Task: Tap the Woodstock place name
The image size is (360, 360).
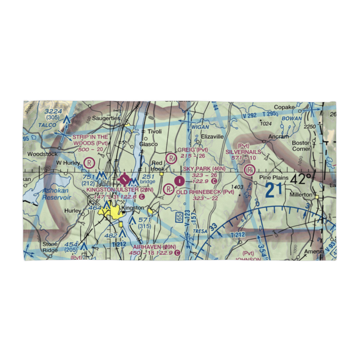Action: click(x=42, y=154)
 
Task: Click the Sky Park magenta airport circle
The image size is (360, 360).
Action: click(x=179, y=180)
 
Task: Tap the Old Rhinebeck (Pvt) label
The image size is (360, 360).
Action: click(x=205, y=192)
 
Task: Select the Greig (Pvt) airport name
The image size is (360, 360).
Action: click(x=192, y=150)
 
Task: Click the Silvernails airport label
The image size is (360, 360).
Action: click(x=243, y=152)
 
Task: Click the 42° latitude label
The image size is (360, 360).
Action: click(x=300, y=179)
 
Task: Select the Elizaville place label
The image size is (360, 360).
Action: click(x=212, y=137)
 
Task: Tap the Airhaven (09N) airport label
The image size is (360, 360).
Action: click(x=154, y=247)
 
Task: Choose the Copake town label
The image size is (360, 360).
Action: click(x=284, y=107)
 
